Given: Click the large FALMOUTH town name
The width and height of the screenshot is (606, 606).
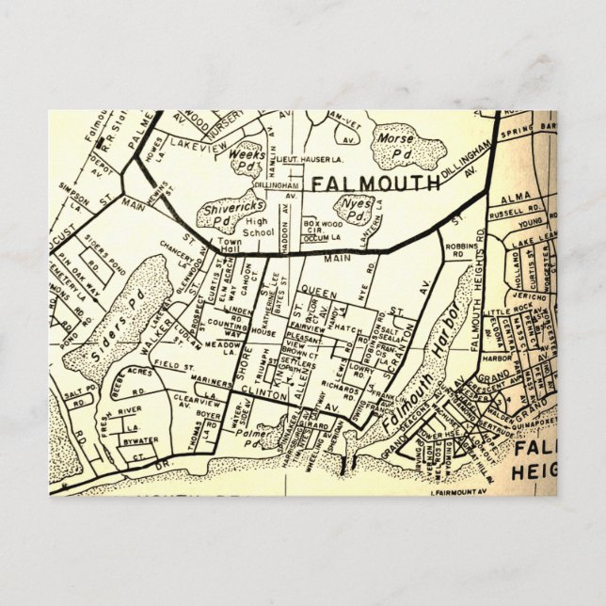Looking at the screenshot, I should pyautogui.click(x=375, y=183).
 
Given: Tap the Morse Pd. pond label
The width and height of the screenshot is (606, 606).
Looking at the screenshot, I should pyautogui.click(x=395, y=141).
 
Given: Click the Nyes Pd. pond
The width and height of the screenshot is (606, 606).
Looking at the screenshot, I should pyautogui.click(x=355, y=208).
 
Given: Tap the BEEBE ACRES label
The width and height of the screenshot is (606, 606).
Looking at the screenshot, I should pyautogui.click(x=126, y=386).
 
